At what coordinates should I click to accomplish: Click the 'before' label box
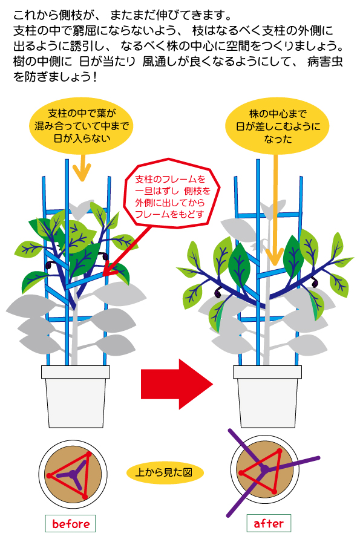pos(70,523)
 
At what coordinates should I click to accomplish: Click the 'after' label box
pos(269,523)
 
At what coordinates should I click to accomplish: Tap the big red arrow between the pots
pos(177,384)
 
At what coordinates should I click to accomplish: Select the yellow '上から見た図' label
pos(164,472)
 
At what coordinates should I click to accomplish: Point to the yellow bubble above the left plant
pos(82,126)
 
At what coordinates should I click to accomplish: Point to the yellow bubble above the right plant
pos(278,126)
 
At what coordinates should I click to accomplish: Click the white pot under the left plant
pos(76,396)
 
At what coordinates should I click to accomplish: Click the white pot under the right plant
pos(267,396)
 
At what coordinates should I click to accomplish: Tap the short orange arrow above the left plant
pos(82,168)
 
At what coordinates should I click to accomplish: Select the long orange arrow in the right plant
pos(276,209)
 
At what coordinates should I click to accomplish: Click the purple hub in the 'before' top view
pos(73,473)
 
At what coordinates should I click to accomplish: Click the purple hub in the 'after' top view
pos(265,469)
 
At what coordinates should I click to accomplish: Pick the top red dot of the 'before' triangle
pos(89,454)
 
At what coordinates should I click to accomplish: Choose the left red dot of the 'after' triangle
pos(240,473)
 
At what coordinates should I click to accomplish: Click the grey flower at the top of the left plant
pos(80,209)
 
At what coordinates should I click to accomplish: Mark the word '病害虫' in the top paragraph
pos(325,62)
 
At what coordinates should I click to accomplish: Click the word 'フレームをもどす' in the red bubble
pos(169,214)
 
